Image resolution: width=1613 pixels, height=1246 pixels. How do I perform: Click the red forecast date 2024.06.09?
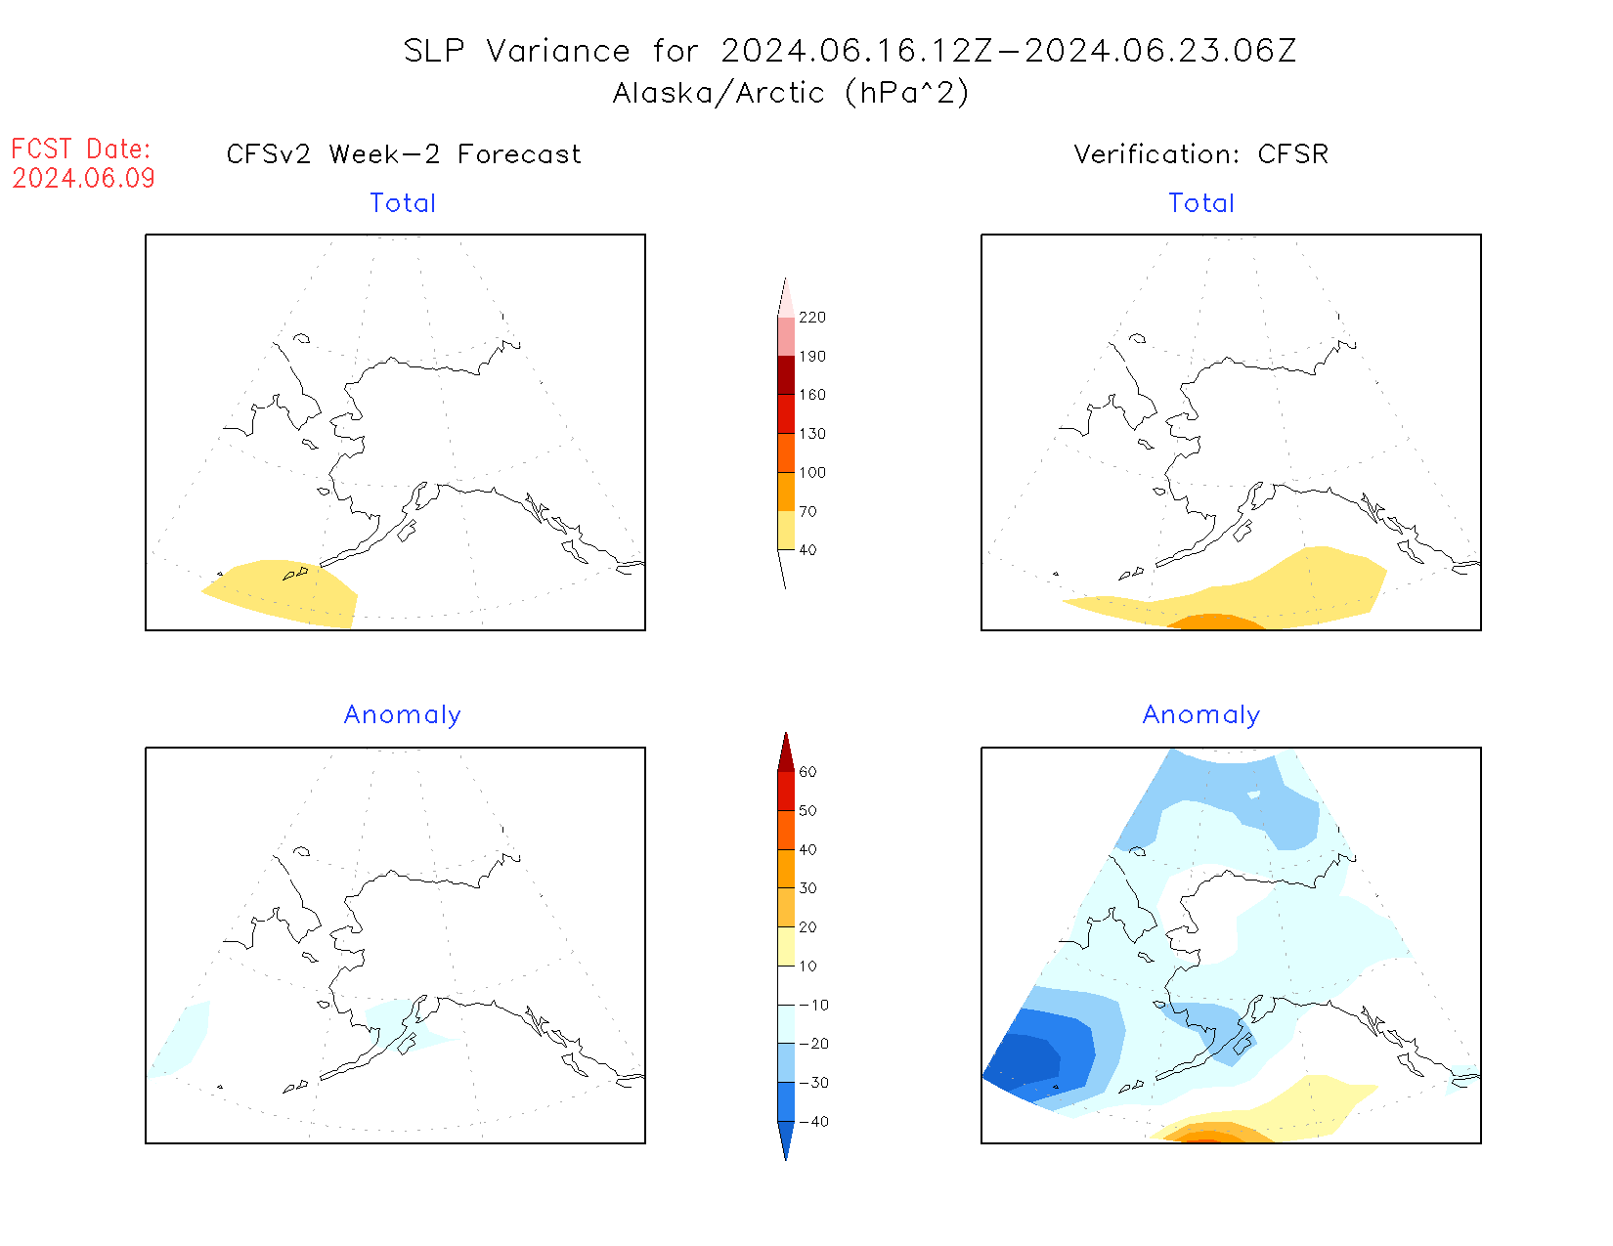pos(83,179)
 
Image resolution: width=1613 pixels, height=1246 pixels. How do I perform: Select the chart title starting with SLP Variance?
pos(850,51)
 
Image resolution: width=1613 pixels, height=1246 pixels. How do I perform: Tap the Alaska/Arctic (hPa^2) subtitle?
pos(791,93)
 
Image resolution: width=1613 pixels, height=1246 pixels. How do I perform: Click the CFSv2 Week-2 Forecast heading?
pos(404,154)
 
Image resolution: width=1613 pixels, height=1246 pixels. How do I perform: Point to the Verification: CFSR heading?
pos(1200,154)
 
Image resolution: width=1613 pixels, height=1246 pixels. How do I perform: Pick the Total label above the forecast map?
pos(403,203)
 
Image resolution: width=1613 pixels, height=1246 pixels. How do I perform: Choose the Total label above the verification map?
pos(1201,203)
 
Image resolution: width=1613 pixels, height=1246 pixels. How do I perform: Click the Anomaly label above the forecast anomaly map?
pos(403,715)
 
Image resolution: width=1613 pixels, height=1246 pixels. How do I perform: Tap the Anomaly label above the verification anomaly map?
pos(1201,715)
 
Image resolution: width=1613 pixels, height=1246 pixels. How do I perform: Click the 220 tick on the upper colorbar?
pos(811,318)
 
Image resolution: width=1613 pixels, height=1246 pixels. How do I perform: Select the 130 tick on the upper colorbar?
pos(811,434)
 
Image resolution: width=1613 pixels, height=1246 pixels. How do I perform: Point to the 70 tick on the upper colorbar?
pos(807,511)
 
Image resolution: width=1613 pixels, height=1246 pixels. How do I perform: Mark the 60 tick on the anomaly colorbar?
pos(807,772)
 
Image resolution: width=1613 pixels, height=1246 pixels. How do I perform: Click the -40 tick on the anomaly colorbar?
pos(813,1122)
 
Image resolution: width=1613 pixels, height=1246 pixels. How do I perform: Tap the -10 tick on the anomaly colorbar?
pos(813,1005)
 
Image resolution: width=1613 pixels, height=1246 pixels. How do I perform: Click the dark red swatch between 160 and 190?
pos(786,375)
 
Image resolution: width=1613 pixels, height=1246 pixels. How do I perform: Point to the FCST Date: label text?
pos(81,150)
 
